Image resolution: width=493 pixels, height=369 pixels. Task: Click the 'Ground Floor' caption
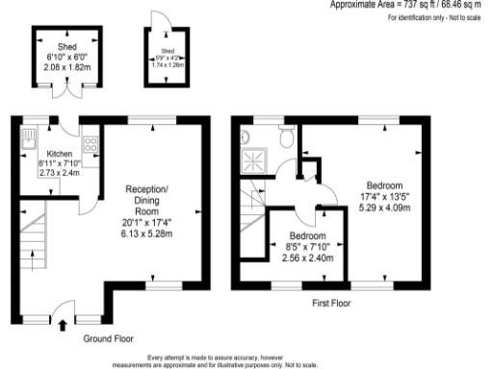click(108, 338)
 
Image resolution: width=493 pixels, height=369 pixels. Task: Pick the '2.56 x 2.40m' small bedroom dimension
click(307, 258)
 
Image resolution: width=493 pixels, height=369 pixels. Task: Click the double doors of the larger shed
click(66, 93)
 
